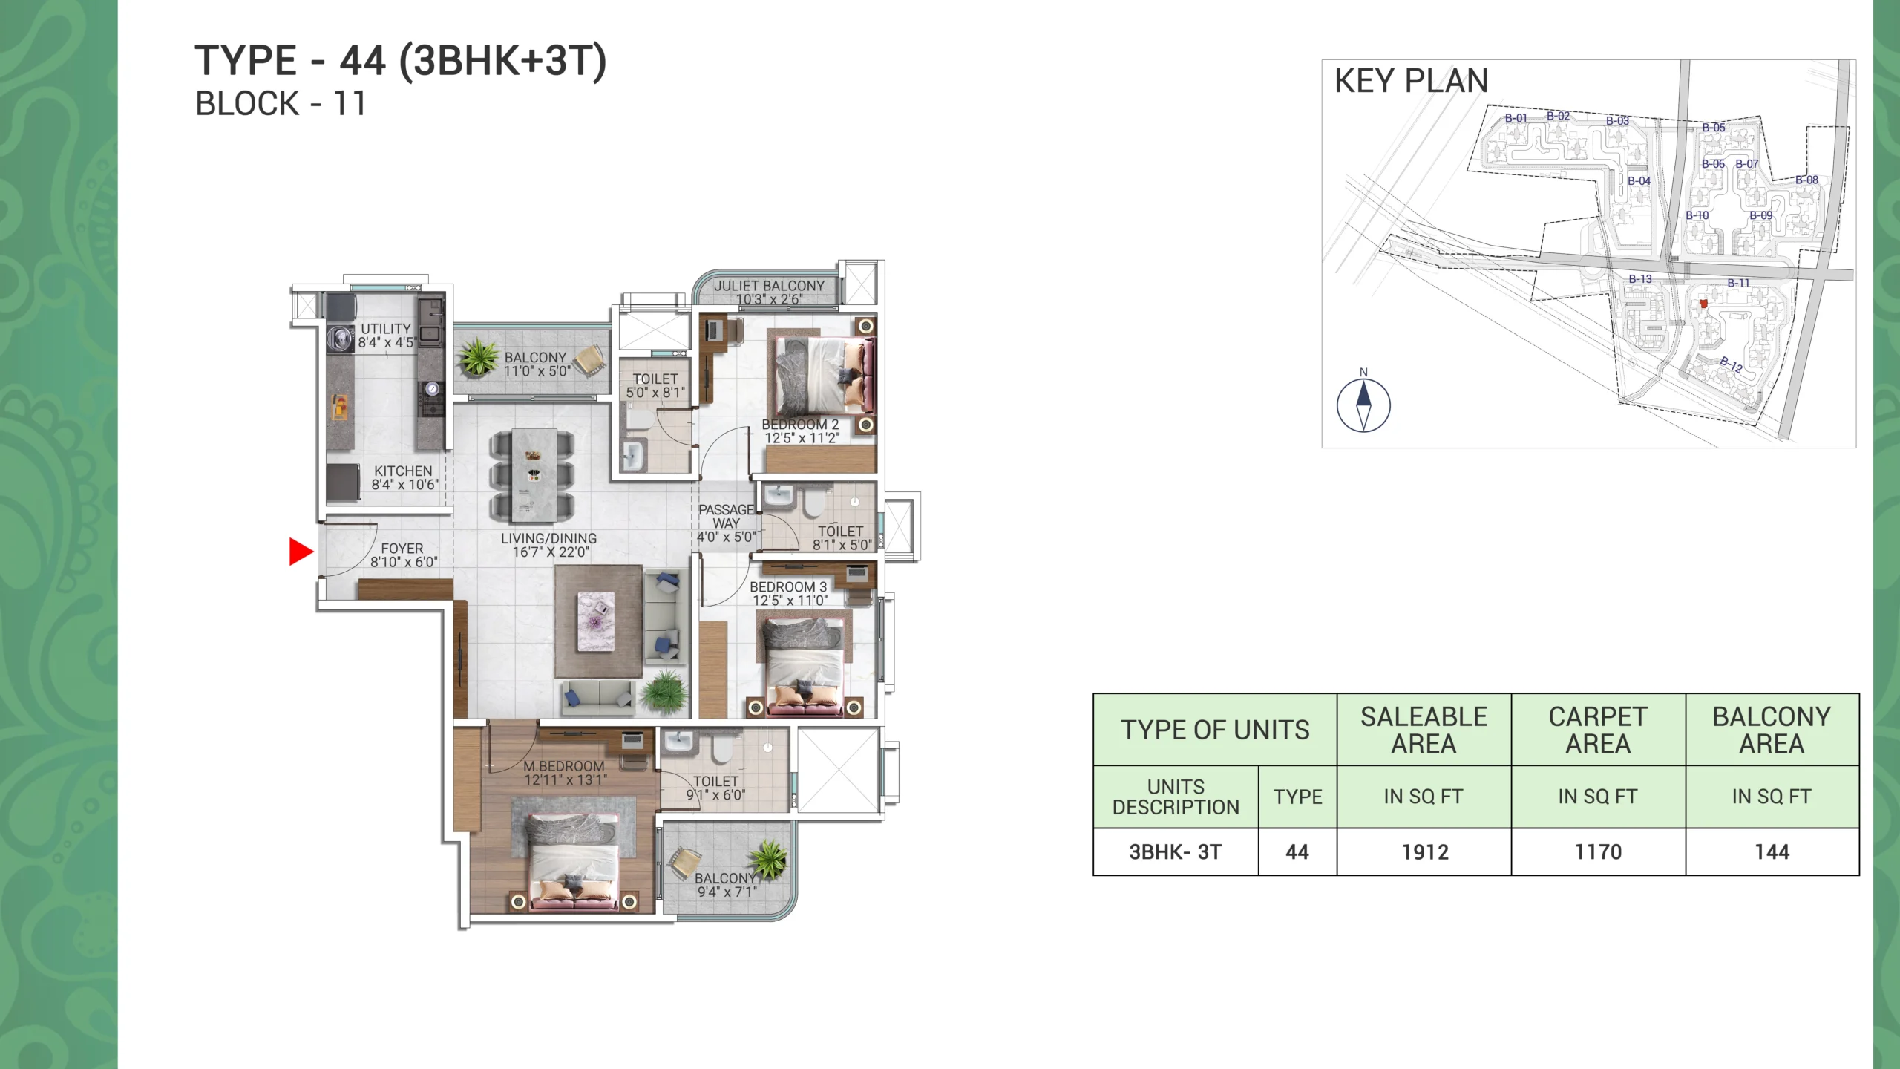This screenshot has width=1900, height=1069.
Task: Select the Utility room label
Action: [x=386, y=328]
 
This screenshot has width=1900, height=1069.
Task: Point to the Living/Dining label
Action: [x=548, y=538]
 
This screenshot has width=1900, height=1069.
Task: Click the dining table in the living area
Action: [x=532, y=475]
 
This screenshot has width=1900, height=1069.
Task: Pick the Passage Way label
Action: [x=726, y=516]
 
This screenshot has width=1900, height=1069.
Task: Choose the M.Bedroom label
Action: [x=564, y=766]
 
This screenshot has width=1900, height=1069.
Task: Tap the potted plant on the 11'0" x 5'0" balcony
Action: [x=479, y=357]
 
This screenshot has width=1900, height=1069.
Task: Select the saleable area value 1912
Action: [x=1425, y=852]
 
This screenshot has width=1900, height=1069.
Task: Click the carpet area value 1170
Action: [x=1599, y=852]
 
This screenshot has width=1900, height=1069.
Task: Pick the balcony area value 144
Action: [x=1772, y=852]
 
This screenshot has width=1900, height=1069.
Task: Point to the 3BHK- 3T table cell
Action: [x=1176, y=852]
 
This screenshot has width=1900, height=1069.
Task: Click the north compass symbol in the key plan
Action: [x=1363, y=405]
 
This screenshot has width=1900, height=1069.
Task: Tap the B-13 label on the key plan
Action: [x=1640, y=279]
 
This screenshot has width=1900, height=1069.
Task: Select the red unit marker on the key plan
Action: [x=1703, y=303]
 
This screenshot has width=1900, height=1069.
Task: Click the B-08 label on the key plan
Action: [x=1807, y=180]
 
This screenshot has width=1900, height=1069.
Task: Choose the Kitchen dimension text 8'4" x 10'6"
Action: [x=404, y=485]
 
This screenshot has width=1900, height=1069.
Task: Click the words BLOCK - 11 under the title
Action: [x=281, y=104]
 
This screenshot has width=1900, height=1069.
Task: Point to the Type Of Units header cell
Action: [x=1215, y=730]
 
